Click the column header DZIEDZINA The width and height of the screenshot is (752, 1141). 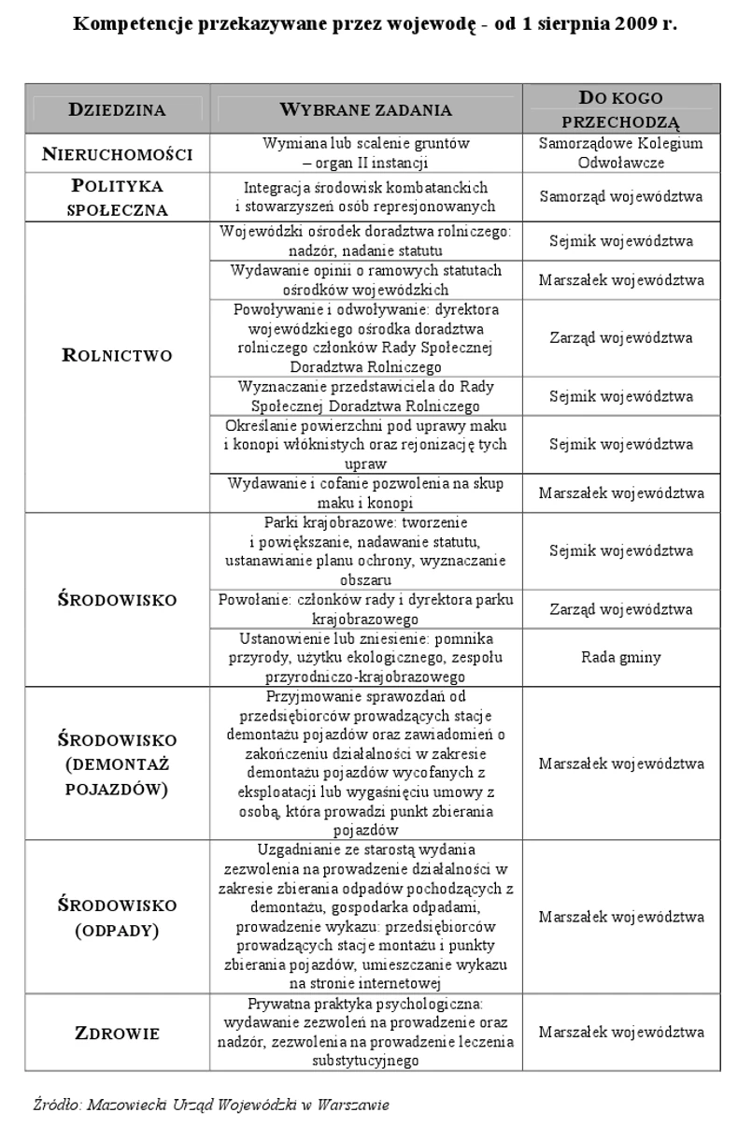(x=117, y=109)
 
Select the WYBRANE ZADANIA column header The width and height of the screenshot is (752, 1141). (x=365, y=109)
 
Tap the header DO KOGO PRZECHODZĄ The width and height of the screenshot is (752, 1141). (x=621, y=109)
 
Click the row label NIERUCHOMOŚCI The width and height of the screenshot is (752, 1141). (x=117, y=154)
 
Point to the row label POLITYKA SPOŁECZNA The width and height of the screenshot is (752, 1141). (x=117, y=196)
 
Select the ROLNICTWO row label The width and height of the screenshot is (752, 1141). (x=117, y=355)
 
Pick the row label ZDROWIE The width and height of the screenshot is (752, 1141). (x=117, y=1033)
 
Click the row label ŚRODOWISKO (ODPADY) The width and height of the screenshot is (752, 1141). (x=117, y=918)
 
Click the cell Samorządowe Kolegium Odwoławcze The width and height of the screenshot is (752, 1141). (x=621, y=153)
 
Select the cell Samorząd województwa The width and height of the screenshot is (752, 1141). (x=621, y=196)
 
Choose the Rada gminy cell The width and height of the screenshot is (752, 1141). (x=621, y=657)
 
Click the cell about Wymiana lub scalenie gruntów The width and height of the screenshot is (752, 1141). (x=365, y=153)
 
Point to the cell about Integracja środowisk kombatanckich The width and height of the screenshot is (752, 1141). (x=365, y=196)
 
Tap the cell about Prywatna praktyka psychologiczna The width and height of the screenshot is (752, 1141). (x=365, y=1033)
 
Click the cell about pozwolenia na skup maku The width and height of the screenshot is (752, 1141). (x=365, y=492)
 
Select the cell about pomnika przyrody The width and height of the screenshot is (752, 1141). (x=365, y=657)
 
